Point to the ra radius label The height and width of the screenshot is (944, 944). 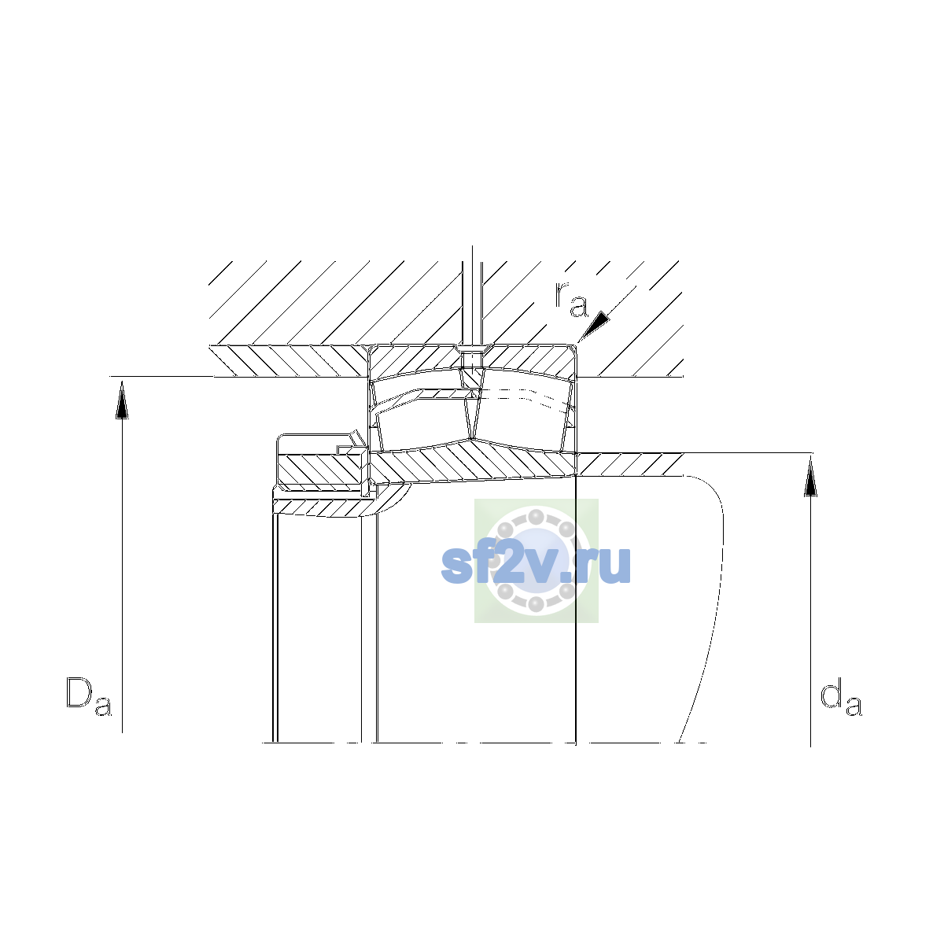pos(570,299)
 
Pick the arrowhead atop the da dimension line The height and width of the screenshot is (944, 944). pos(811,477)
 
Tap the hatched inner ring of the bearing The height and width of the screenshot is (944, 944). pos(473,462)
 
